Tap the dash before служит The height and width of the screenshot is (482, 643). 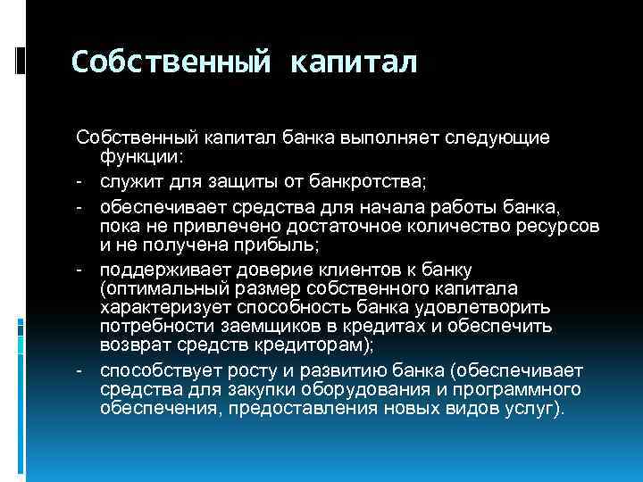point(79,183)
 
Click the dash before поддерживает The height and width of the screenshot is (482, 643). point(79,269)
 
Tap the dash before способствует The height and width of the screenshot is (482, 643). point(79,370)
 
